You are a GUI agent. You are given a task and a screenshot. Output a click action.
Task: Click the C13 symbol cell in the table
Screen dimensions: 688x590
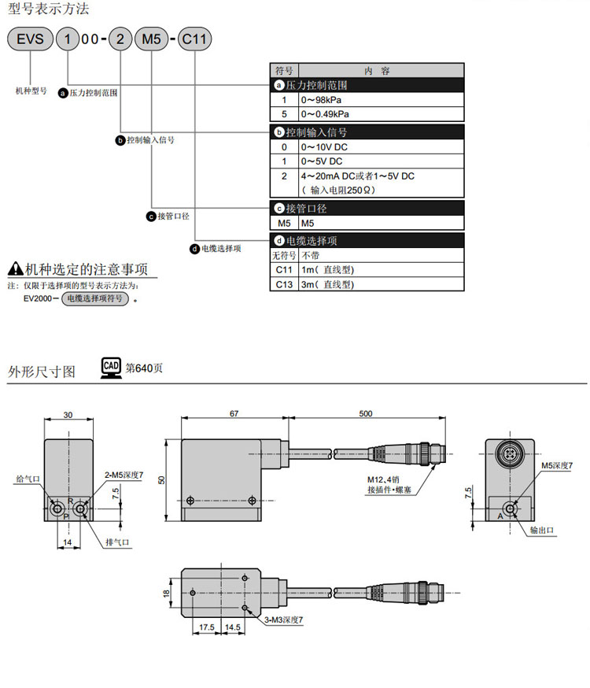(x=284, y=285)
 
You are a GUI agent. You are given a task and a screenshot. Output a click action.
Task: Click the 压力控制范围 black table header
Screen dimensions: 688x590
(x=367, y=85)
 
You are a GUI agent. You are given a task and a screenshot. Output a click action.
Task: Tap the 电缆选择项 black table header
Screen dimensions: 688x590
(x=367, y=240)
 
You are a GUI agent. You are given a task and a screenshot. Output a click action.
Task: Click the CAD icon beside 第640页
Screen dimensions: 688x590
(x=111, y=368)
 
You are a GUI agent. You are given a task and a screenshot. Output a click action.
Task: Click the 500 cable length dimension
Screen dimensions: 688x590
(x=366, y=412)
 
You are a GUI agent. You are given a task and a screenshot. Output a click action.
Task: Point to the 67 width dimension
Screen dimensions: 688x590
(x=234, y=412)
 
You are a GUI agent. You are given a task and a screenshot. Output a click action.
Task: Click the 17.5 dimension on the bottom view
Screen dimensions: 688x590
(x=207, y=627)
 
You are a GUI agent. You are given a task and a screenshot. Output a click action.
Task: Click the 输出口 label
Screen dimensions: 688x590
(x=543, y=531)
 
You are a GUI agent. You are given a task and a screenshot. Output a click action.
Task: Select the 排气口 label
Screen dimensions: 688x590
(x=117, y=542)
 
